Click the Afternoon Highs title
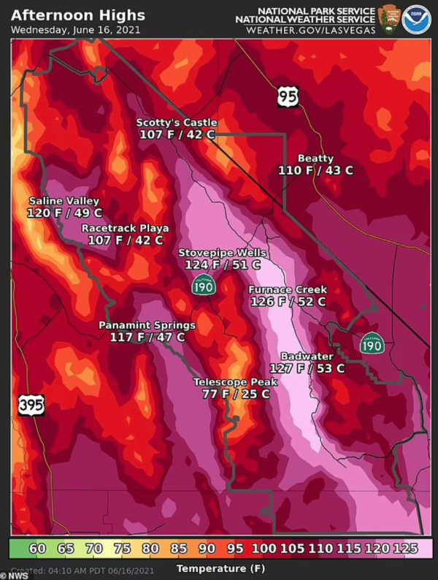point(78,15)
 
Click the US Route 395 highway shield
point(31,405)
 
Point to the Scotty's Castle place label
point(177,122)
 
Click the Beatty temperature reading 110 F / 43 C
point(315,170)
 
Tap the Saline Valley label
point(64,201)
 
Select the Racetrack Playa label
point(125,228)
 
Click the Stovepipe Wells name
point(223,253)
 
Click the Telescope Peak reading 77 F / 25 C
point(236,394)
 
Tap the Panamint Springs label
point(147,325)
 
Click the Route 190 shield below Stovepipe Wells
point(204,286)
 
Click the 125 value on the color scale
point(417,548)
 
